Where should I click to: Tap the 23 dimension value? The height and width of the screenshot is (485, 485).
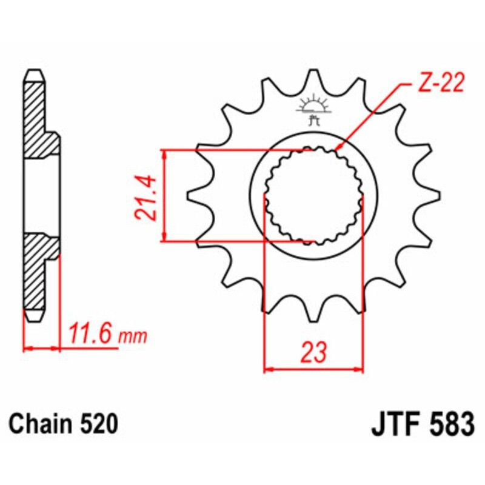[x=313, y=352]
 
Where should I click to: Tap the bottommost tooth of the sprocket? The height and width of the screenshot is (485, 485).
[x=313, y=315]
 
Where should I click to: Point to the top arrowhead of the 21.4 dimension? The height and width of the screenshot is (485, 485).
[x=164, y=152]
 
